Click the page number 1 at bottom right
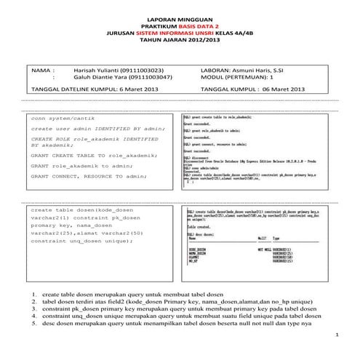(338, 334)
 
